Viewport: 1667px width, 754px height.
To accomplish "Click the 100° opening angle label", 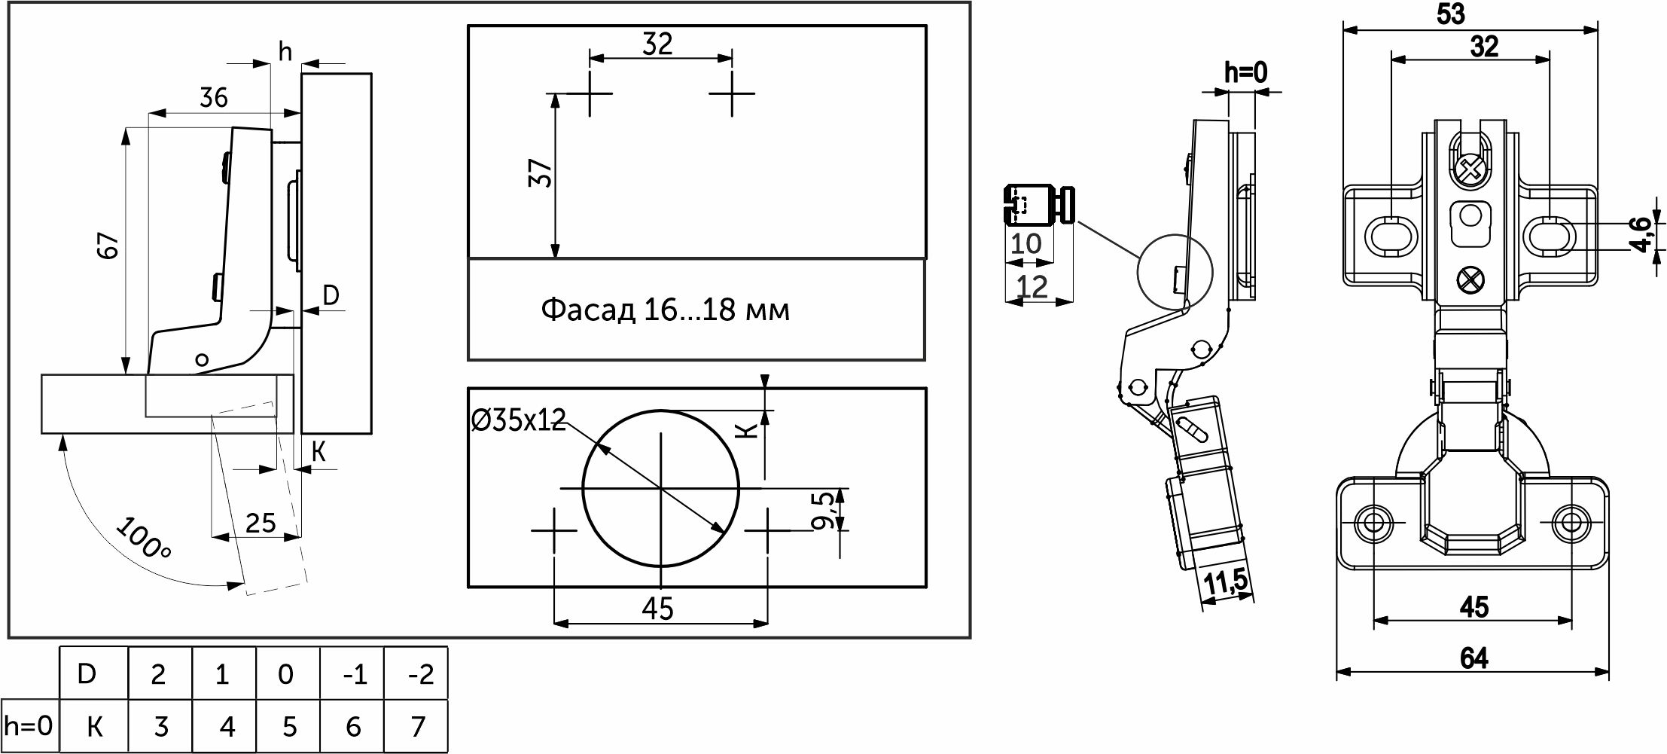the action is pos(144,539).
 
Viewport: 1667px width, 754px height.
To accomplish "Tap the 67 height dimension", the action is pos(110,246).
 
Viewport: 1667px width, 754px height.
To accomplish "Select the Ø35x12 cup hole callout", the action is pos(518,420).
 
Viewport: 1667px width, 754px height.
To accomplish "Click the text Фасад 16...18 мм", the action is pos(666,310).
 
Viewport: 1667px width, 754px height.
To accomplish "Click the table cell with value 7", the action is pos(416,727).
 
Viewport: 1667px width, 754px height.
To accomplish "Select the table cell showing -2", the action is pos(416,673).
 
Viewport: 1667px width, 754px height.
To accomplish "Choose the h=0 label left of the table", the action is pos(29,726).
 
